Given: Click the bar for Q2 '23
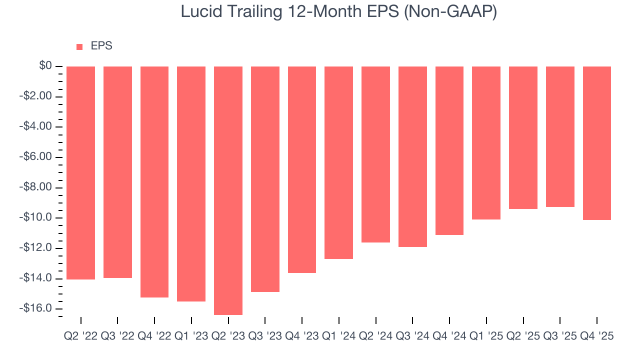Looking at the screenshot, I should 228,190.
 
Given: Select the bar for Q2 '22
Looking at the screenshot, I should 80,172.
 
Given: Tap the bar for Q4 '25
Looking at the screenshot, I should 597,143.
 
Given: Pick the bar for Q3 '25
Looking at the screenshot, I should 560,136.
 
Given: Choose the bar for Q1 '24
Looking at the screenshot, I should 338,162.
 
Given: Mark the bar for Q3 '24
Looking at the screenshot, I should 412,156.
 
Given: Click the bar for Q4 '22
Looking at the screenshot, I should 154,181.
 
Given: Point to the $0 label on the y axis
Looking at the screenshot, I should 46,66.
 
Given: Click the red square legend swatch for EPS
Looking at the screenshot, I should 79,46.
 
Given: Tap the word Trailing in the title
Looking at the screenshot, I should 250,12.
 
